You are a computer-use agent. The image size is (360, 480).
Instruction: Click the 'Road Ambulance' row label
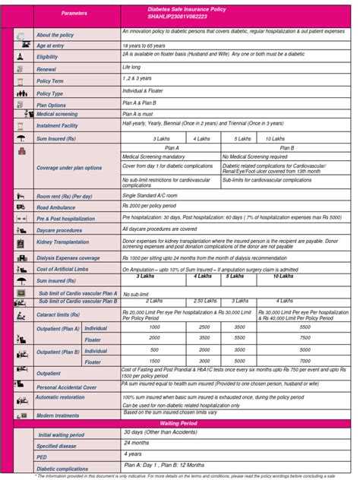58,207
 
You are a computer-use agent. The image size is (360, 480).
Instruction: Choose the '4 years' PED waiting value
132,453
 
